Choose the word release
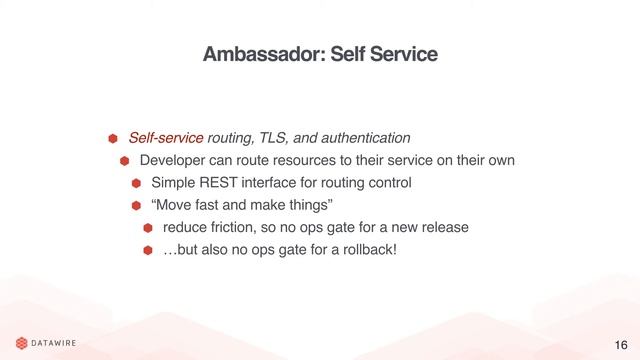click(444, 227)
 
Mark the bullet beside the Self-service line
click(113, 137)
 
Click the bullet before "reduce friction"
click(147, 228)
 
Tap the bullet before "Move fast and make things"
click(136, 206)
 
